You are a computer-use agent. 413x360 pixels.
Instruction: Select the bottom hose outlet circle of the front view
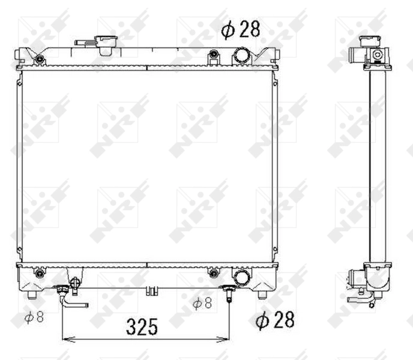tap(242, 276)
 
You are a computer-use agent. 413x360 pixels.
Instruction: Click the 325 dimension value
tap(142, 326)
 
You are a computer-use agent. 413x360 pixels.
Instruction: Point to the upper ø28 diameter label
tap(241, 29)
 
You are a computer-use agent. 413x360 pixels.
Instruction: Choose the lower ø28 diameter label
tap(275, 320)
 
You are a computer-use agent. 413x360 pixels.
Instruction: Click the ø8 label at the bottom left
tap(34, 317)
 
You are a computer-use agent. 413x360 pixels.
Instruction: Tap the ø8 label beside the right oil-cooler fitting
tap(202, 303)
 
